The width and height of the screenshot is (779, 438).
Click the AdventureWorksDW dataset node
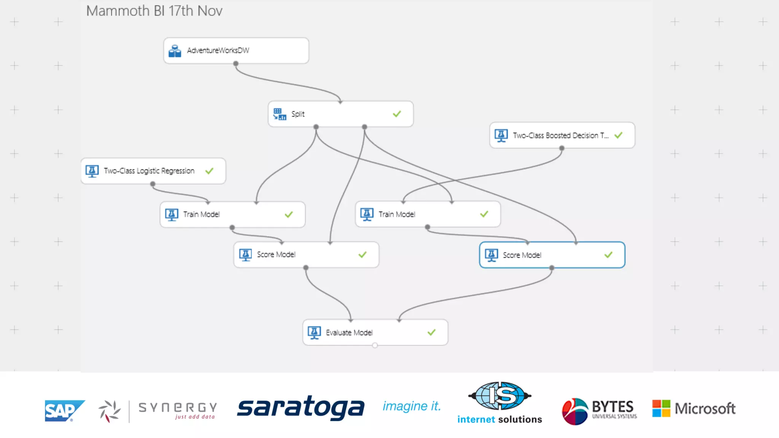(236, 50)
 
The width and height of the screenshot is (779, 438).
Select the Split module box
(340, 114)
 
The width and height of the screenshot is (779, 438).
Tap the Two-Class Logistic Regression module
(153, 171)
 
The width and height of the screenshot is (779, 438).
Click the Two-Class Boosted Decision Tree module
(561, 135)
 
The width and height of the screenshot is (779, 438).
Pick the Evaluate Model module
(375, 332)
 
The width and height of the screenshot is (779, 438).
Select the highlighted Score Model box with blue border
(552, 255)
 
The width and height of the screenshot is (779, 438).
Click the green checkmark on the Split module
(397, 114)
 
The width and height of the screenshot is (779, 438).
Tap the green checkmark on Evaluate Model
(431, 332)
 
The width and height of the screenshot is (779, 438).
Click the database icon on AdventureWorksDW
(175, 51)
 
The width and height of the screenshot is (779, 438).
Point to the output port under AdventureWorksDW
(236, 63)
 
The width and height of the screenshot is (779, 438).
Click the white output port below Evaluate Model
(375, 345)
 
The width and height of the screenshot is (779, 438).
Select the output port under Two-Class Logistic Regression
(153, 184)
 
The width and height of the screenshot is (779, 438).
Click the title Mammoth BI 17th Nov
(154, 11)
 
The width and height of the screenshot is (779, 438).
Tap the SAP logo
(64, 411)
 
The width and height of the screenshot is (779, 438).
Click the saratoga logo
(300, 408)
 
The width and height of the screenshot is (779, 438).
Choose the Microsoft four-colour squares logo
(661, 408)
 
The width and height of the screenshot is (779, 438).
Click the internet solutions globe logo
(499, 396)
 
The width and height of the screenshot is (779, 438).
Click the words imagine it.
(412, 406)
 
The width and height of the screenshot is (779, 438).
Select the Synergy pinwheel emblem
(110, 411)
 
